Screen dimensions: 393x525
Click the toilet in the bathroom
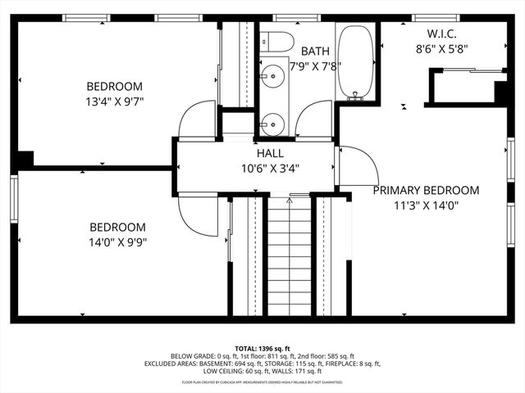(275, 40)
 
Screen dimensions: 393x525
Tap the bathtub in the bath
(355, 64)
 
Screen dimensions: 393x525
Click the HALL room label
(269, 153)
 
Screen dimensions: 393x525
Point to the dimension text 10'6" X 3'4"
(269, 169)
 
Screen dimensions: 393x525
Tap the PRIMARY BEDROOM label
(426, 190)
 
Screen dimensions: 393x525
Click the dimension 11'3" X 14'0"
(426, 206)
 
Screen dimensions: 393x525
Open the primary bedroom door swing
(355, 166)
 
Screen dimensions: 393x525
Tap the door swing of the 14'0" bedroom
(194, 213)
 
